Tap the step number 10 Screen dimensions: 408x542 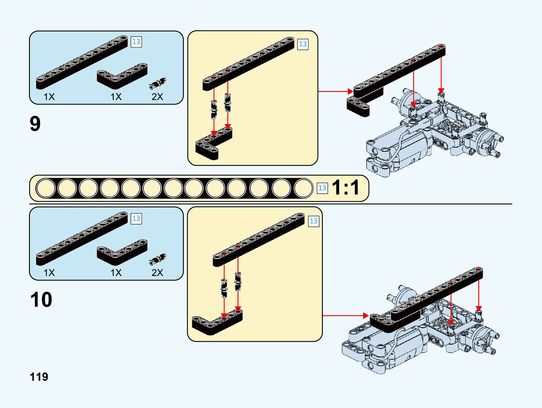click(41, 300)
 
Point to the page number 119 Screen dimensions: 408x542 click(39, 377)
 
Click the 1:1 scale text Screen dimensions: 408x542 click(345, 187)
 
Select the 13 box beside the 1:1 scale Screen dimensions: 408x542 click(322, 188)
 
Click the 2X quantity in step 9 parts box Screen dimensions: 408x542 click(157, 97)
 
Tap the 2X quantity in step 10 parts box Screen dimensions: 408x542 click(157, 273)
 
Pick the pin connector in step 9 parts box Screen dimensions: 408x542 click(158, 83)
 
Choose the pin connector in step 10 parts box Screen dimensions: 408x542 click(158, 259)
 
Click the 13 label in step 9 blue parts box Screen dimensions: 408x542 click(136, 42)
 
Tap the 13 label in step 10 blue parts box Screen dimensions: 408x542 click(136, 218)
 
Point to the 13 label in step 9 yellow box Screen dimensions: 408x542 click(303, 44)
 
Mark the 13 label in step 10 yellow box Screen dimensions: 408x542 click(313, 221)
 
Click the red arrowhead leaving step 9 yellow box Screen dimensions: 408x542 click(351, 91)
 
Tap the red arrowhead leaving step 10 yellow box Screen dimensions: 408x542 click(366, 316)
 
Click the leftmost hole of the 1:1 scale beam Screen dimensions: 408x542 click(46, 188)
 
